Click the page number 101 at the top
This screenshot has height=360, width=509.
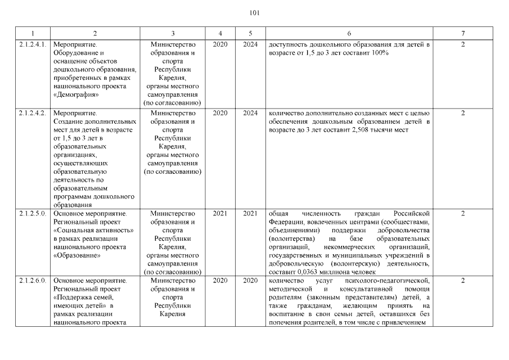pos(254,12)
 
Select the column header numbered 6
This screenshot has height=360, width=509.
pos(349,33)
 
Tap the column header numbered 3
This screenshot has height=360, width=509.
pos(173,33)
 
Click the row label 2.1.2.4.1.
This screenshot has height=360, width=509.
pos(32,44)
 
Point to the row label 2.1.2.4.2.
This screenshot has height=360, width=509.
pos(32,113)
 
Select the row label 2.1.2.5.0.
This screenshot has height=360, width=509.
pos(32,213)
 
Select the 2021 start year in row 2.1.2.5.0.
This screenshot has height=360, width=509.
pos(220,213)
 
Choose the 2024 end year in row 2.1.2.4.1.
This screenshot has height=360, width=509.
pos(250,44)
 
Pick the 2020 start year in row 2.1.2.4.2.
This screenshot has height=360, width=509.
pos(220,113)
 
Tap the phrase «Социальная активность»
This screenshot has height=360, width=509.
pos(93,230)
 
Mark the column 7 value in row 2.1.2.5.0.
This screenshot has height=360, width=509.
pos(463,213)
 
